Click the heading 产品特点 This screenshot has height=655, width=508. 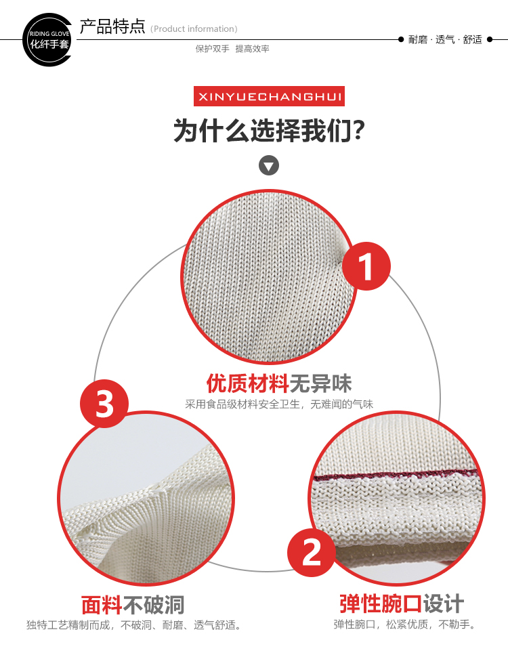[x=112, y=26]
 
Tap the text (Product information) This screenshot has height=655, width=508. [x=194, y=29]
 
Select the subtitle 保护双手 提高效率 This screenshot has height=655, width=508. [x=232, y=49]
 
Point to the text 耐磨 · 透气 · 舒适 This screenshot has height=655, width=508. [x=445, y=40]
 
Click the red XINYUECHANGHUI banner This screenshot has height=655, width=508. [x=269, y=96]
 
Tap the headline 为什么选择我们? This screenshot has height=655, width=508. [x=269, y=130]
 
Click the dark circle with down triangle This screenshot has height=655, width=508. [x=269, y=166]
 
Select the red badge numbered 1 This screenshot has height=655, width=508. [x=366, y=266]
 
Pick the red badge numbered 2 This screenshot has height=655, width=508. [x=311, y=553]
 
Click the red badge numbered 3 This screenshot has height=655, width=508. [x=104, y=404]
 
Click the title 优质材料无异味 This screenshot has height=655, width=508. [x=279, y=383]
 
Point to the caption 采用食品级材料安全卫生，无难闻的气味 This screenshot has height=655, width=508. [x=279, y=404]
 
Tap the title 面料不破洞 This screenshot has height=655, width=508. [x=133, y=605]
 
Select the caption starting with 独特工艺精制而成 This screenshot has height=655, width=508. [x=133, y=625]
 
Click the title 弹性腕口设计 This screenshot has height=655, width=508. [x=402, y=604]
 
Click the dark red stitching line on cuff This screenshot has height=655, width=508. [x=396, y=475]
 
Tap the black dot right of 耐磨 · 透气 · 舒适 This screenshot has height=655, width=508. [x=490, y=40]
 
